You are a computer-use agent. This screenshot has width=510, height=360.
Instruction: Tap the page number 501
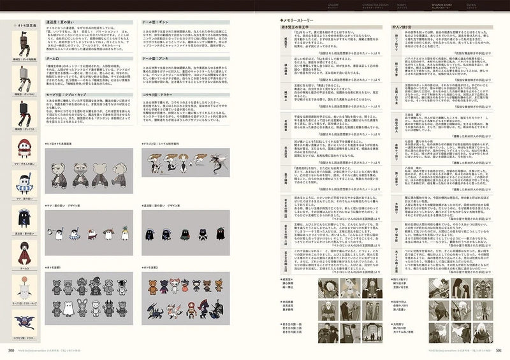500,350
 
